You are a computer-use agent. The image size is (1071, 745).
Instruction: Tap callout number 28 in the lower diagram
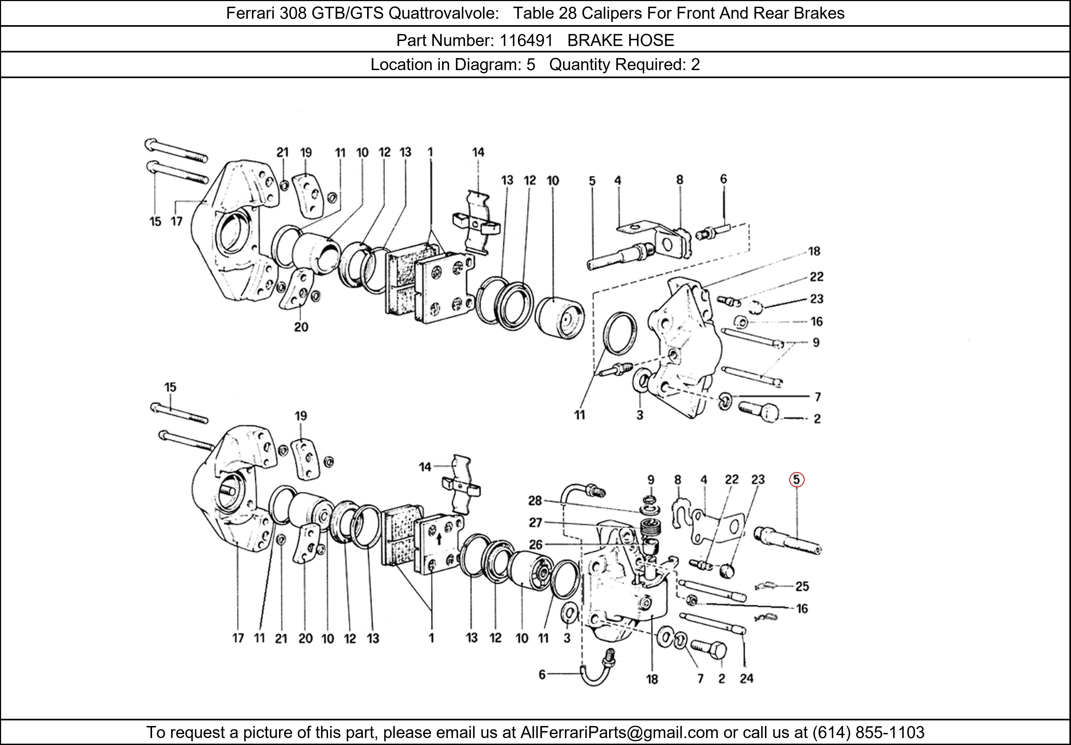[535, 501]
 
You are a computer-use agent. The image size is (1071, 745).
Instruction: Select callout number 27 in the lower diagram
[535, 523]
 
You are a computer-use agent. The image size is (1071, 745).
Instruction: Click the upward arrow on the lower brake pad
[439, 539]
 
